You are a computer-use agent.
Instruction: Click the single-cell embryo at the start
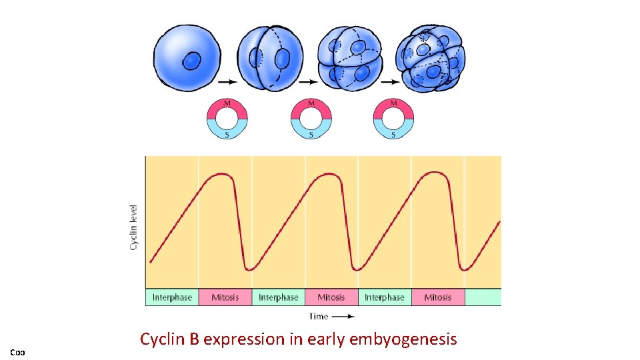pos(192,58)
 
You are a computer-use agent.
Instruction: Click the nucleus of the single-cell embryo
pos(192,61)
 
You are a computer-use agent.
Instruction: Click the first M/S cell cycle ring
pos(227,119)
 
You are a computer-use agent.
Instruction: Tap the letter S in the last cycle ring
pos(393,135)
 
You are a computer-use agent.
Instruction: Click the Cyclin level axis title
pos(133,227)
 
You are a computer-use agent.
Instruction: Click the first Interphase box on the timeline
pos(172,297)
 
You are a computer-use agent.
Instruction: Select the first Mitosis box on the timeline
pos(225,297)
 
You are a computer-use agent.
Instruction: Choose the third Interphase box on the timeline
pos(385,297)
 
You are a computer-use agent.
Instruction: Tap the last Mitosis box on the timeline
pos(437,297)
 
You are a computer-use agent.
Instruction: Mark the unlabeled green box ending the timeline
pos(483,297)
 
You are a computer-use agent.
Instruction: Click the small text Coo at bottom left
pos(17,351)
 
